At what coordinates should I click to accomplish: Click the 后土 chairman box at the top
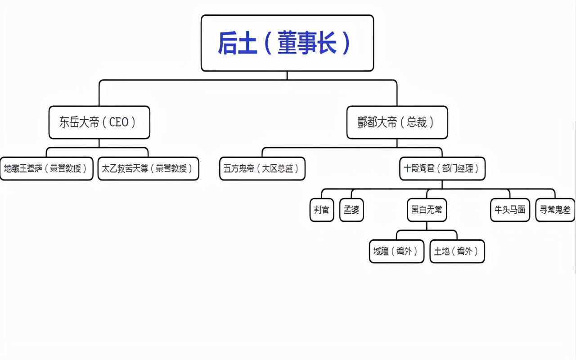point(287,43)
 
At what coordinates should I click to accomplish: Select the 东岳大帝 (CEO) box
point(99,122)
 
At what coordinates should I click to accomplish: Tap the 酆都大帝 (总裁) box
point(397,122)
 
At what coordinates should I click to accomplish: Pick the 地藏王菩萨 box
point(46,169)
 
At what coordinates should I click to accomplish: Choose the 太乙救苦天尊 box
point(148,169)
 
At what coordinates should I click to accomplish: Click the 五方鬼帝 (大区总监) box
point(262,169)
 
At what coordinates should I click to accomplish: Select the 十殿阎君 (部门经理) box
point(442,169)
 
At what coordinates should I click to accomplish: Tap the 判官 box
point(322,210)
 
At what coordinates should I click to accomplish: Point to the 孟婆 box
point(351,210)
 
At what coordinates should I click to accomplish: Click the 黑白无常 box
point(427,210)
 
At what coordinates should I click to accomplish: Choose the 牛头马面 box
point(510,210)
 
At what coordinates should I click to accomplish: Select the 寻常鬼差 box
point(555,210)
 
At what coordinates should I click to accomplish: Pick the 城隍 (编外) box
point(396,251)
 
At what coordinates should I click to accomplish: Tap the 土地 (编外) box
point(457,251)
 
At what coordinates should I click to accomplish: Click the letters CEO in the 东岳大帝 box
point(119,122)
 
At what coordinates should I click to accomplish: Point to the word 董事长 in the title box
point(307,43)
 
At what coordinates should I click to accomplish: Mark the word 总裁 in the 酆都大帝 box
point(416,122)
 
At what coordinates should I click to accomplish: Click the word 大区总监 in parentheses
point(279,169)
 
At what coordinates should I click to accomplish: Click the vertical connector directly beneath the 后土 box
point(287,76)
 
